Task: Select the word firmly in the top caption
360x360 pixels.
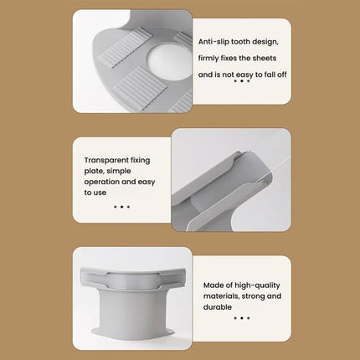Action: click(210, 57)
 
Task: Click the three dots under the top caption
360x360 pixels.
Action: click(241, 82)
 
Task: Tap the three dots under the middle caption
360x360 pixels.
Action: click(121, 205)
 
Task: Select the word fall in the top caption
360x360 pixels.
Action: click(270, 74)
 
